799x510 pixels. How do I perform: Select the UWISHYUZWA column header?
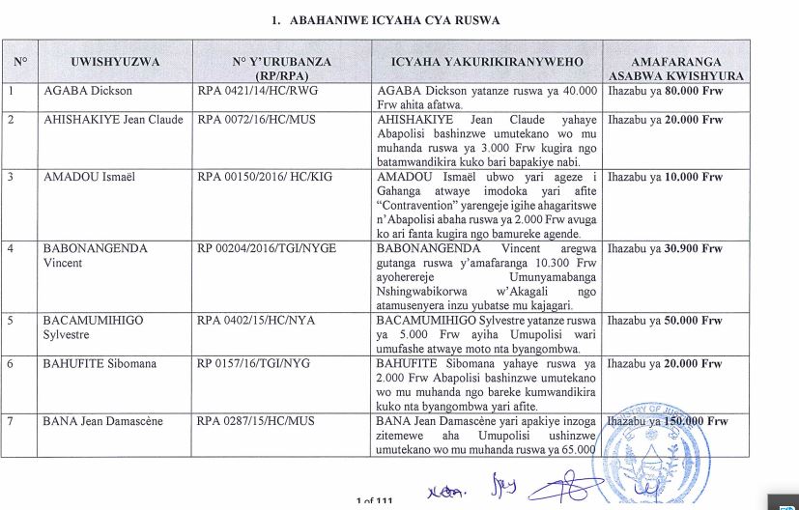coord(115,62)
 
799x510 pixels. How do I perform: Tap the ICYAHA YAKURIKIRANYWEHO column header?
coord(487,62)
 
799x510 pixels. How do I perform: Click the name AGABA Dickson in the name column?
coord(88,92)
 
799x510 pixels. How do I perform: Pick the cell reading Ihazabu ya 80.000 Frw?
coord(666,92)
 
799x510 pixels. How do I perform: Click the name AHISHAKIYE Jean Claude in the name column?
coord(113,121)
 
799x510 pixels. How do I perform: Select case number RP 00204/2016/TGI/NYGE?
coord(267,249)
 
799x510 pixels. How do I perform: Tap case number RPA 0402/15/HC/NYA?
coord(256,321)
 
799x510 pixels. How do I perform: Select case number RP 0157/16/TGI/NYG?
coord(255,364)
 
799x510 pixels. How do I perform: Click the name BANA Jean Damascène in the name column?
coord(103,422)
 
